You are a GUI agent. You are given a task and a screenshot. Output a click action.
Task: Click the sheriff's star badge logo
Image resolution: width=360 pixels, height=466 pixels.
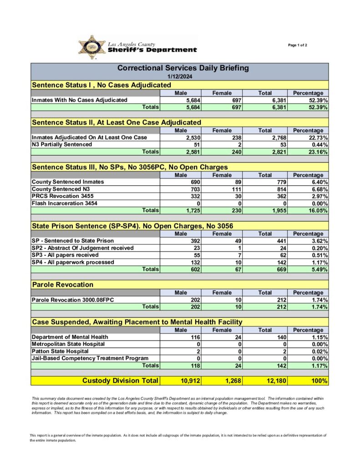click(x=92, y=47)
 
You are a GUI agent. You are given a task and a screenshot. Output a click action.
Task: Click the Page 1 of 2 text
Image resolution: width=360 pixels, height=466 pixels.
click(x=298, y=45)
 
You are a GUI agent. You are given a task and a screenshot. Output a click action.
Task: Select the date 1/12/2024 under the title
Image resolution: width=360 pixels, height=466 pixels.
click(x=179, y=76)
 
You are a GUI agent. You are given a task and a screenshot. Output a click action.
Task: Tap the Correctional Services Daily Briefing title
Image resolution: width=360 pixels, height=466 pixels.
click(x=183, y=68)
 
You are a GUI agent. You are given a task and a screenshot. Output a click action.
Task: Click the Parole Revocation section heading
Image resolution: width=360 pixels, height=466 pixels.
click(x=62, y=285)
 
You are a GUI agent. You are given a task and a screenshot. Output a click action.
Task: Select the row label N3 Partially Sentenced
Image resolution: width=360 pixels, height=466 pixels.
click(x=61, y=145)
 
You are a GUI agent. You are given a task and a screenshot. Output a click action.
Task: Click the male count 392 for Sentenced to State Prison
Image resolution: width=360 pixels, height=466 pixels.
click(x=195, y=241)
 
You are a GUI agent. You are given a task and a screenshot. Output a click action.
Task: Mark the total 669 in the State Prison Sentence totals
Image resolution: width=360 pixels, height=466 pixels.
click(x=278, y=270)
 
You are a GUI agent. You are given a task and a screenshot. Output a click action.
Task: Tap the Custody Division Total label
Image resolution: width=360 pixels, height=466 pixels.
click(x=120, y=380)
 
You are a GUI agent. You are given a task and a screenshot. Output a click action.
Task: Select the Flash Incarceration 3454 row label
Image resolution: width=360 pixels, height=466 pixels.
click(x=64, y=203)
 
